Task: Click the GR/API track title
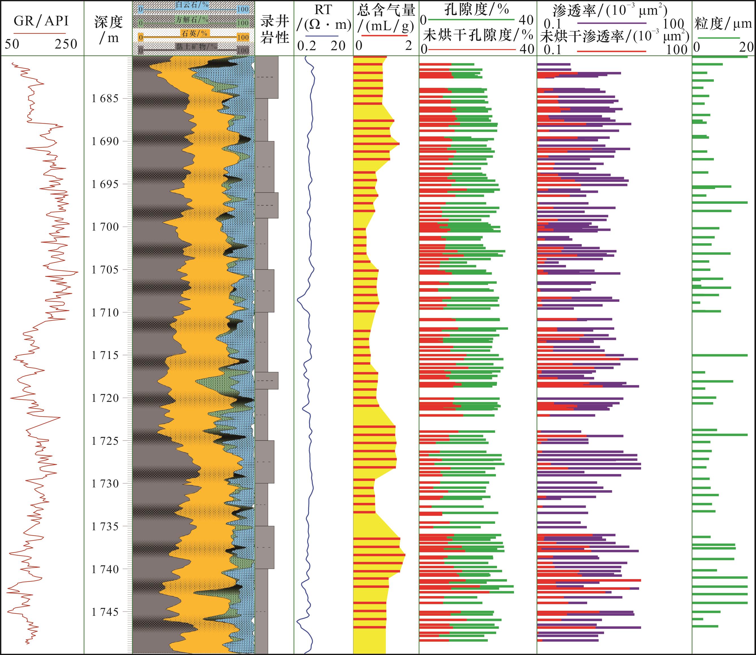[41, 21]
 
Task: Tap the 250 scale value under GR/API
[66, 44]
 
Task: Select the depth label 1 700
[105, 227]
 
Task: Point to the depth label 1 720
[105, 398]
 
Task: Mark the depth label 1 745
[105, 612]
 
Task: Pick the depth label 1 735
[105, 526]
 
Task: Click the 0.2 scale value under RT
[306, 46]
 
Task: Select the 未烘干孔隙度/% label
[478, 35]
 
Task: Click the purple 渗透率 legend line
[611, 23]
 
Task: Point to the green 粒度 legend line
[719, 38]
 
